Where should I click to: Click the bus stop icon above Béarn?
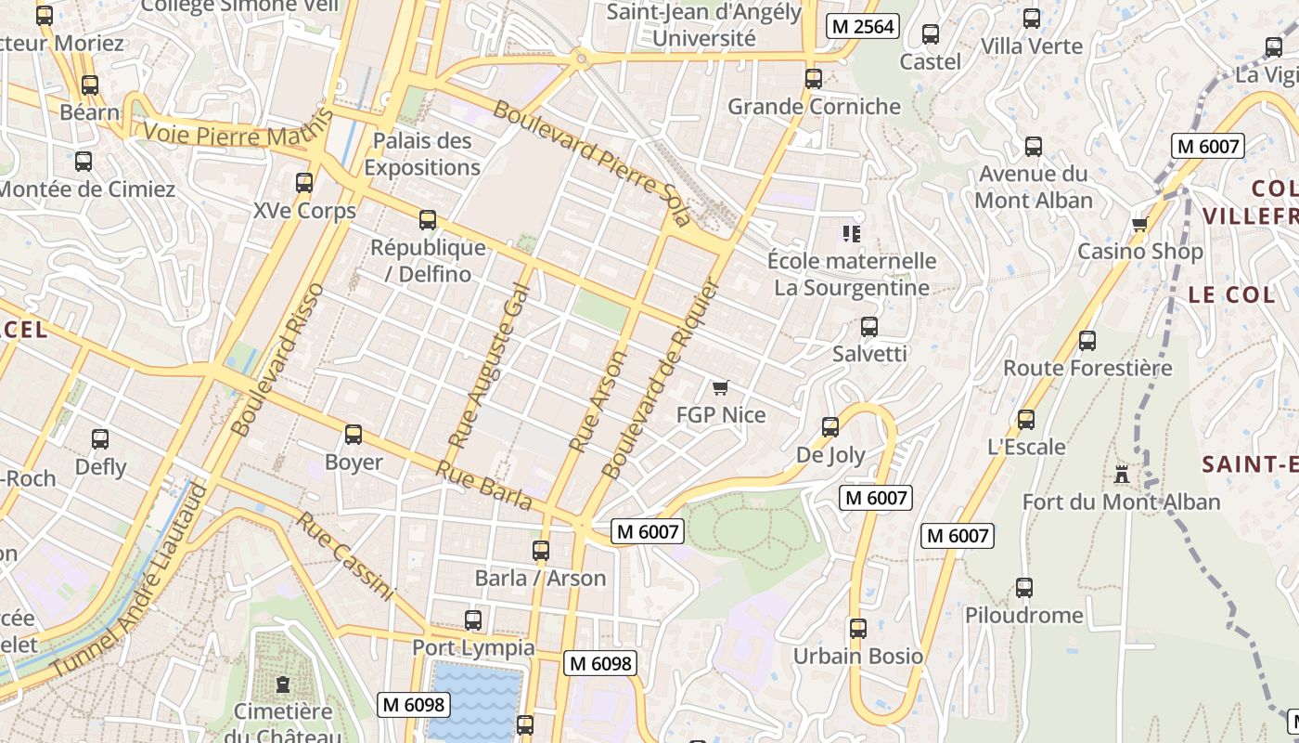coord(90,85)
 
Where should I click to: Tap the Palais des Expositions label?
coord(422,154)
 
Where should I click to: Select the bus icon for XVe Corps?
coord(304,183)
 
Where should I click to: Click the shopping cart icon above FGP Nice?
coord(721,387)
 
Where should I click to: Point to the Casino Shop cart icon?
coord(1139,224)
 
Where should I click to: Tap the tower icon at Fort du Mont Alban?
coord(1122,475)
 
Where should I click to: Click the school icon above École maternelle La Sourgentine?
coord(851,233)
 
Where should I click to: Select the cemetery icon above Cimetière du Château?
coord(283,685)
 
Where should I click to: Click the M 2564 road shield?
coord(863,27)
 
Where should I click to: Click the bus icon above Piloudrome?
coord(1024,588)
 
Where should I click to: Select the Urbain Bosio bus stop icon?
coord(858,629)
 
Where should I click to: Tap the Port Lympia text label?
coord(473,647)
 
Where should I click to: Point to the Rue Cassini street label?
coord(345,555)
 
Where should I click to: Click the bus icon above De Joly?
coord(830,427)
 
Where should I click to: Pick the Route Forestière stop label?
coord(1087,368)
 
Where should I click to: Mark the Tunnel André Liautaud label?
coord(128,581)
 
